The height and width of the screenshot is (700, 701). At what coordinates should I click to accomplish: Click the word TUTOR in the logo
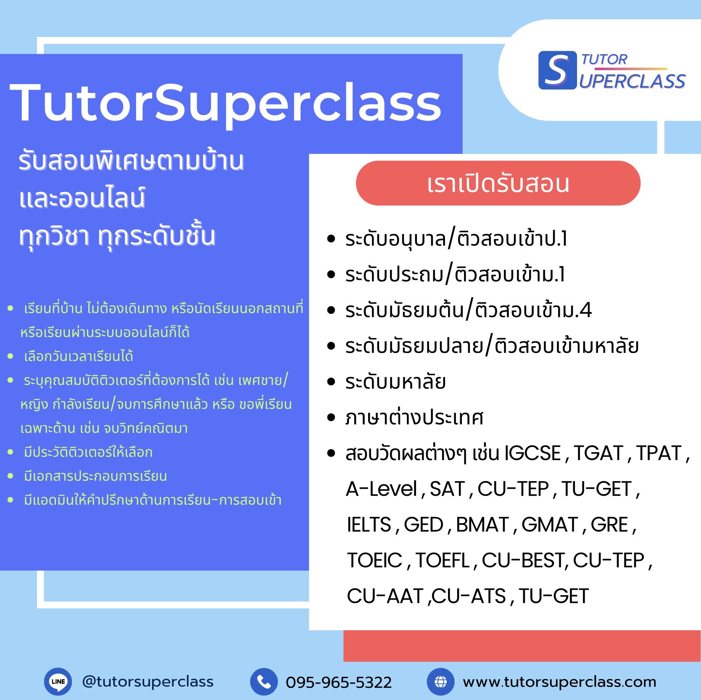[x=604, y=60]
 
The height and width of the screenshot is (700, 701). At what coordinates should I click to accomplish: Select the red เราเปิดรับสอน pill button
[x=498, y=184]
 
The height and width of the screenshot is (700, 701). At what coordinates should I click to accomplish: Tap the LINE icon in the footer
[x=58, y=682]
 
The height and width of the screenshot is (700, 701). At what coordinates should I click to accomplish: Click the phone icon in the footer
[x=264, y=682]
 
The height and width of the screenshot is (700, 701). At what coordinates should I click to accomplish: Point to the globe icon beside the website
[x=440, y=682]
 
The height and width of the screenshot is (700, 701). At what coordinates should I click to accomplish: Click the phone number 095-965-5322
[x=339, y=682]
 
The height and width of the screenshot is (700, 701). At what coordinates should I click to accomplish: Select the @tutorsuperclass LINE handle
[x=148, y=681]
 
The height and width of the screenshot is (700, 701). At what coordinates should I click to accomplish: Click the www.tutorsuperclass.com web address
[x=559, y=682]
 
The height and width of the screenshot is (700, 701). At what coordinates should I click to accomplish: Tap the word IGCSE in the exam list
[x=533, y=453]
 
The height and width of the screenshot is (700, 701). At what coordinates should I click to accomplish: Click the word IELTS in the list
[x=369, y=525]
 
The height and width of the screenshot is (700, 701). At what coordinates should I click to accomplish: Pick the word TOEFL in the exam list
[x=443, y=561]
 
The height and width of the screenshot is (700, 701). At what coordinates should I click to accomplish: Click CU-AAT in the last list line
[x=385, y=596]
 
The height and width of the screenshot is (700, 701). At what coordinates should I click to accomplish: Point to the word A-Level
[x=381, y=489]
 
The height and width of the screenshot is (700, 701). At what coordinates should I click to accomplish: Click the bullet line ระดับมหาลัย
[x=395, y=382]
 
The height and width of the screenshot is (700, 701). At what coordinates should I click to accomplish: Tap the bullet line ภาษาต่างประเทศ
[x=414, y=418]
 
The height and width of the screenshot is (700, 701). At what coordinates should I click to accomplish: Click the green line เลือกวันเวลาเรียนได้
[x=79, y=356]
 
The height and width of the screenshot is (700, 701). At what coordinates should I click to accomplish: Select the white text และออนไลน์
[x=82, y=198]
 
